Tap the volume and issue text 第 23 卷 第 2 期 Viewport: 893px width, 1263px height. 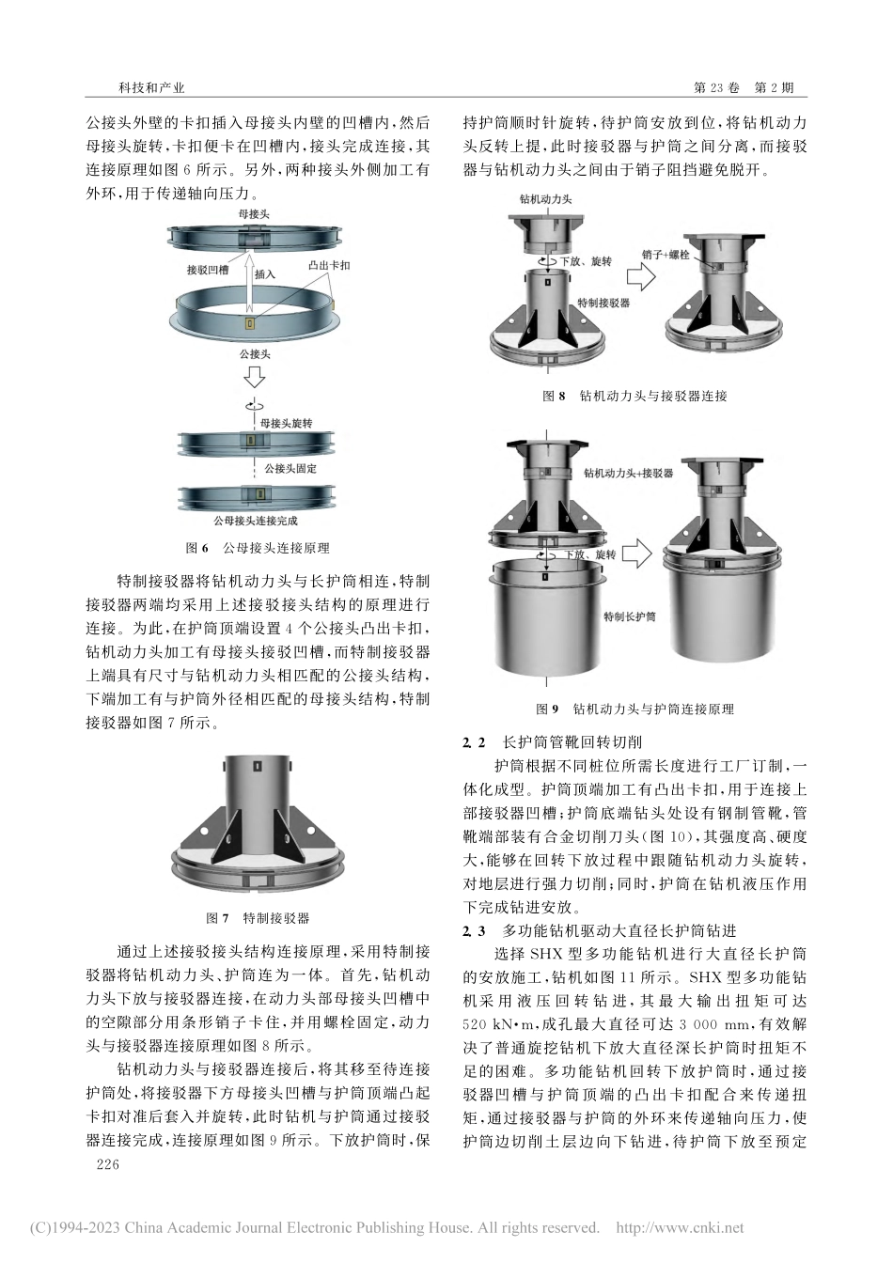pos(743,87)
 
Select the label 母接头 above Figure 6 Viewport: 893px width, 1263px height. pos(253,215)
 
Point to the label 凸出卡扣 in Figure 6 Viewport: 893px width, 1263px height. pos(328,266)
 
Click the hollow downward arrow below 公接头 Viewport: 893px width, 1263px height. pos(253,378)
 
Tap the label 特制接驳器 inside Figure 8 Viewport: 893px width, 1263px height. pos(603,303)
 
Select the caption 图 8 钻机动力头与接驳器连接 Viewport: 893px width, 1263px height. pos(634,396)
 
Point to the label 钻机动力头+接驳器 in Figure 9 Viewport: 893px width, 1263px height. pos(628,474)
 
